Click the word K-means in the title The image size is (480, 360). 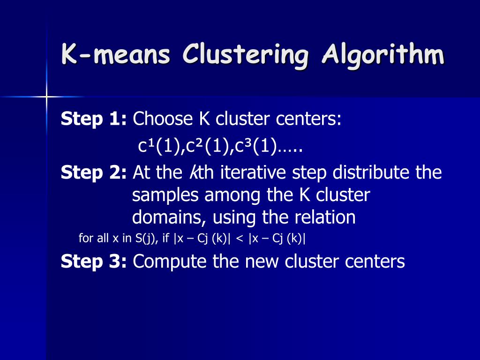[x=116, y=54]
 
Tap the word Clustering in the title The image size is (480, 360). [x=245, y=56]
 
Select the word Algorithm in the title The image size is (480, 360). [x=382, y=55]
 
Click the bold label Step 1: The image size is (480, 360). [x=94, y=119]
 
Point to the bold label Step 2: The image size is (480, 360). [x=94, y=172]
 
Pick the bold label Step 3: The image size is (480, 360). [x=94, y=262]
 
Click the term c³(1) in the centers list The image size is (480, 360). [x=255, y=146]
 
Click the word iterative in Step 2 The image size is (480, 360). [x=253, y=172]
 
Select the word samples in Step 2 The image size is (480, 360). [x=165, y=195]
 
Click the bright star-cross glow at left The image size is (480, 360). [x=46, y=97]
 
